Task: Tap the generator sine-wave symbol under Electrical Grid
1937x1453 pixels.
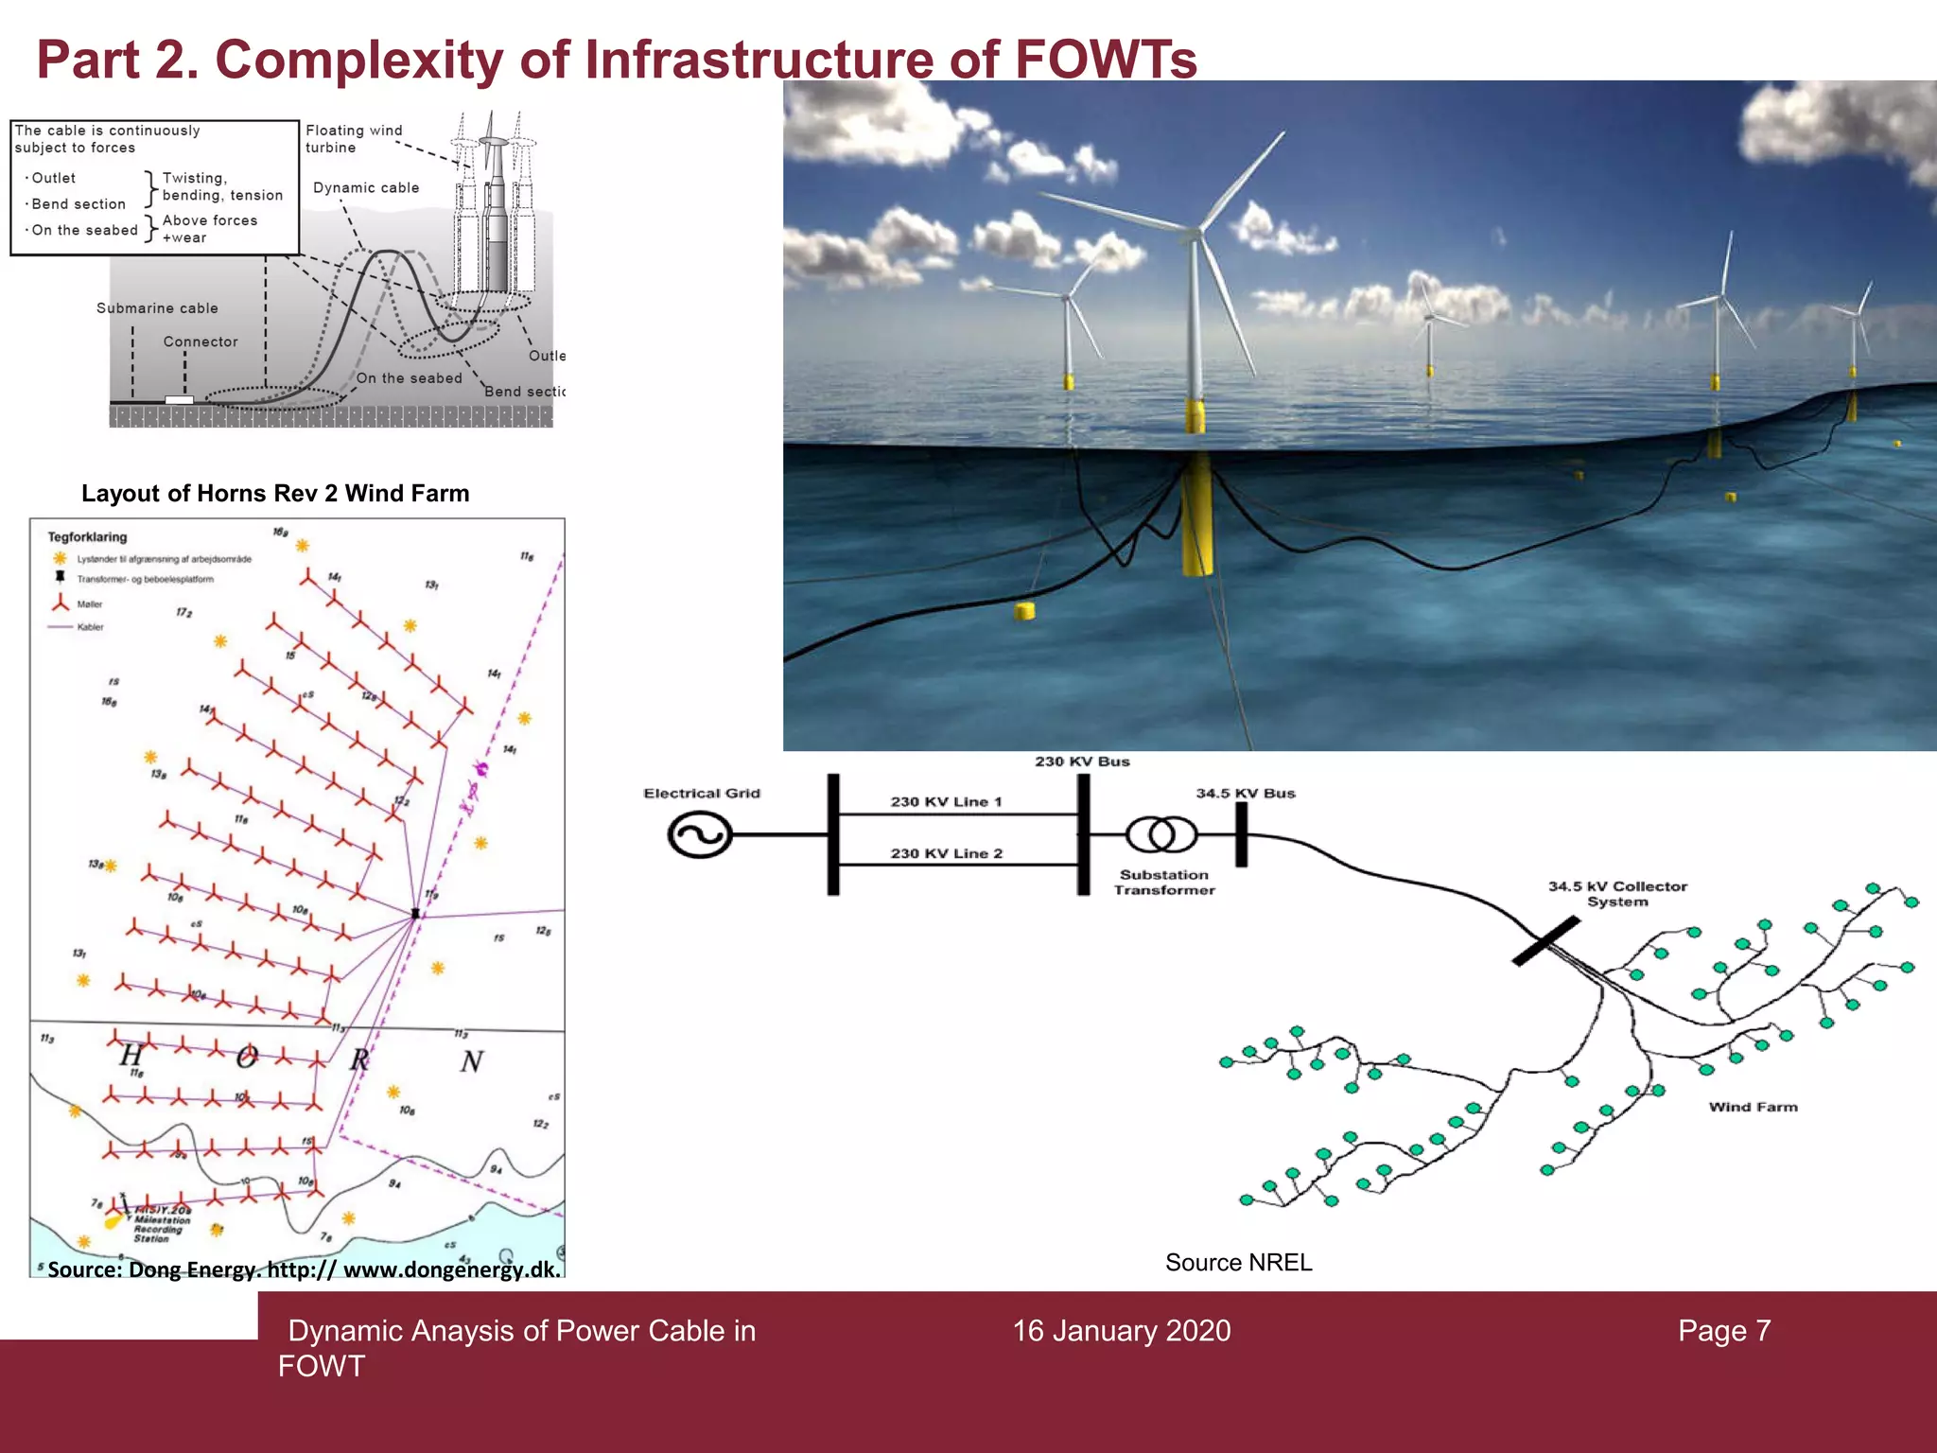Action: pyautogui.click(x=699, y=835)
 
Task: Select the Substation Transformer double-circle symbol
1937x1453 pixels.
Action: pyautogui.click(x=1161, y=834)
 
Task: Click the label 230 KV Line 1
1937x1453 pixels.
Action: pyautogui.click(x=946, y=801)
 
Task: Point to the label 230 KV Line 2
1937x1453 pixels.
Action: pyautogui.click(x=946, y=853)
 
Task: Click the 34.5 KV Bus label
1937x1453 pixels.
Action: pyautogui.click(x=1245, y=793)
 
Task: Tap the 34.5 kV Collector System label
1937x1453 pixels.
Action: pyautogui.click(x=1617, y=894)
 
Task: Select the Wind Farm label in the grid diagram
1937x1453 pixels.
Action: pyautogui.click(x=1753, y=1107)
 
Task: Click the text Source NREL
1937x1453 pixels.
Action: pyautogui.click(x=1238, y=1262)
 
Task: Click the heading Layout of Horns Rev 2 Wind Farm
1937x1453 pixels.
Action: pyautogui.click(x=275, y=493)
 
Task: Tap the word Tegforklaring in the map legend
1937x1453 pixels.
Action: pyautogui.click(x=87, y=536)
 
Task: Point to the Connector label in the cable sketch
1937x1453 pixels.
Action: pyautogui.click(x=201, y=341)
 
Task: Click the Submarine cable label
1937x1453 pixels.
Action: pyautogui.click(x=157, y=308)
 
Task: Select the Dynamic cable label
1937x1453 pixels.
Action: pyautogui.click(x=366, y=188)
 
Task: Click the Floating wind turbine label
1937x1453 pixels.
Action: pyautogui.click(x=353, y=138)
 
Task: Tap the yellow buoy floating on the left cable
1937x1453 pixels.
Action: pyautogui.click(x=1024, y=611)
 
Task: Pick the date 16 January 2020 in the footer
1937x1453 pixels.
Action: pyautogui.click(x=1122, y=1331)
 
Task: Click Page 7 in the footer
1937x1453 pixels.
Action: pyautogui.click(x=1724, y=1331)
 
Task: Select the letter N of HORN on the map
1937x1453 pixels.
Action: pyautogui.click(x=471, y=1062)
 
